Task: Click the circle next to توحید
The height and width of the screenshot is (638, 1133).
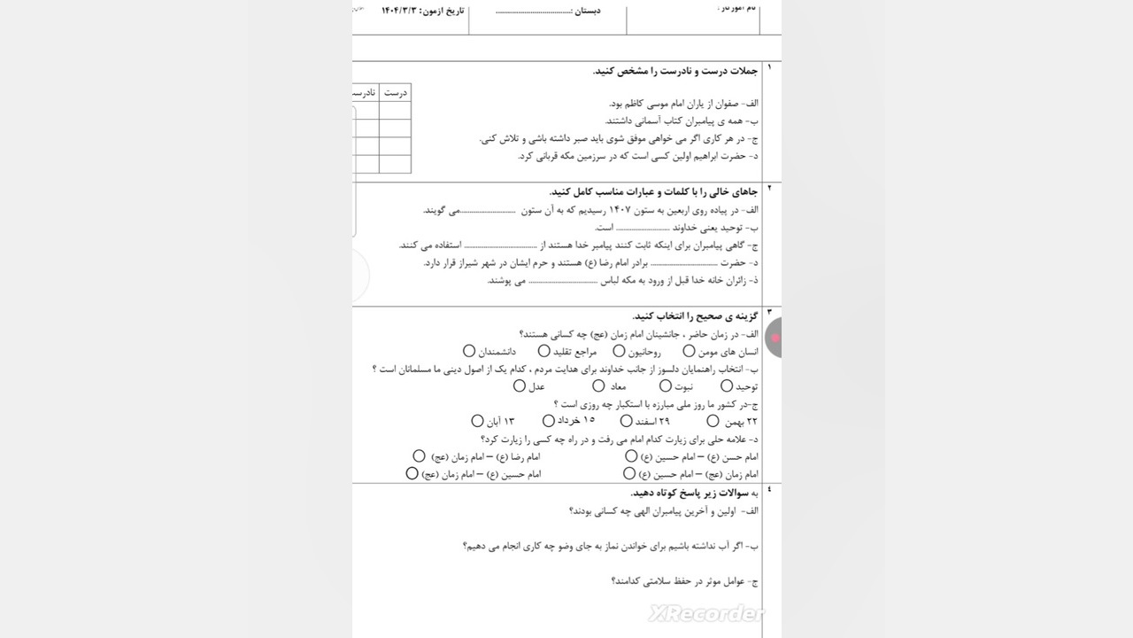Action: tap(727, 386)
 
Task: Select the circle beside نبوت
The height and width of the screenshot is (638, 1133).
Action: tap(666, 386)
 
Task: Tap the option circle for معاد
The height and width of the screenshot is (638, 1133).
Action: tap(599, 386)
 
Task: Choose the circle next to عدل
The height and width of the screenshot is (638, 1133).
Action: tap(520, 386)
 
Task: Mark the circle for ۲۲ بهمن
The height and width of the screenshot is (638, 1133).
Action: tap(713, 422)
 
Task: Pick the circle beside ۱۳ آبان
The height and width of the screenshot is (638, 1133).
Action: tap(478, 422)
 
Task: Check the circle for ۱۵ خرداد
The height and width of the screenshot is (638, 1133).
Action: tap(549, 421)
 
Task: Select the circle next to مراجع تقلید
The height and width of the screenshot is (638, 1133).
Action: tap(620, 352)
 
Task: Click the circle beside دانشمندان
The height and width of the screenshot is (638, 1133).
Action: tap(470, 352)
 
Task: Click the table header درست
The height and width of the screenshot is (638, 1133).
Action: tap(395, 93)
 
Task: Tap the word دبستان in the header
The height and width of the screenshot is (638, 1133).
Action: tap(589, 11)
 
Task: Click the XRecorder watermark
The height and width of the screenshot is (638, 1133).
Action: tap(705, 613)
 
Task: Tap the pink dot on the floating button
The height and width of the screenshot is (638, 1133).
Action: tap(775, 338)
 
